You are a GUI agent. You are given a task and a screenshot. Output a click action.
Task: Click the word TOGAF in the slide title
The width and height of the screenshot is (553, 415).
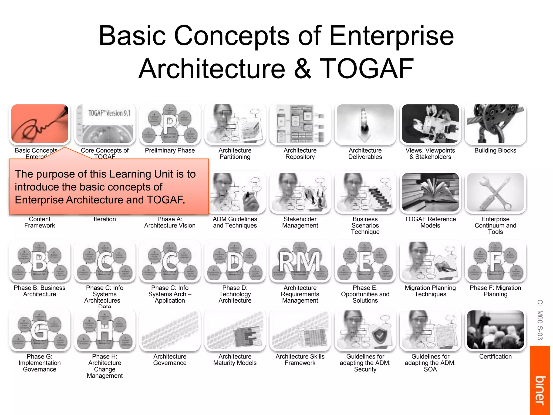(367, 69)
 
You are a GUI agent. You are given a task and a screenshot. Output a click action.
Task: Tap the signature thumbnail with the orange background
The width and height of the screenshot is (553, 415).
(40, 123)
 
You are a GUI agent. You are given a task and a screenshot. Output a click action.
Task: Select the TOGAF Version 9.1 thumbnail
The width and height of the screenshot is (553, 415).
(105, 123)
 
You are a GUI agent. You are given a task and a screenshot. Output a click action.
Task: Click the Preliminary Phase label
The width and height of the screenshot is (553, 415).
(170, 150)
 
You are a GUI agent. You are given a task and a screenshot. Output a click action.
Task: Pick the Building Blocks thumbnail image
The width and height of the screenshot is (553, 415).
(495, 123)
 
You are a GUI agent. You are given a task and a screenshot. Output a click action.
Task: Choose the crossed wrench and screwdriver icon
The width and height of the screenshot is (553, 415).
(495, 192)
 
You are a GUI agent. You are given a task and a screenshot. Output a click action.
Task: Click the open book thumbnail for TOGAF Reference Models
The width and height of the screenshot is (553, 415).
(430, 192)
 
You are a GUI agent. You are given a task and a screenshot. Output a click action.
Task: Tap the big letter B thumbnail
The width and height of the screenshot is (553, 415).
(40, 261)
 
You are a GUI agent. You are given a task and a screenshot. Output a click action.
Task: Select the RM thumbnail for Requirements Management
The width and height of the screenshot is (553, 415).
(300, 261)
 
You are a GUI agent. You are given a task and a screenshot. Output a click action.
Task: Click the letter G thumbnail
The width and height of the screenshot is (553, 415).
(40, 330)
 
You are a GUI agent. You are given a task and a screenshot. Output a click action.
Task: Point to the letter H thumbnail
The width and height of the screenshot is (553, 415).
(105, 330)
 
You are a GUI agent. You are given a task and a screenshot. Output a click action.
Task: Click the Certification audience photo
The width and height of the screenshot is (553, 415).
(495, 330)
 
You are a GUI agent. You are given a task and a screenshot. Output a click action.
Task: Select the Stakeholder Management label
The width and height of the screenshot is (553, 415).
(300, 222)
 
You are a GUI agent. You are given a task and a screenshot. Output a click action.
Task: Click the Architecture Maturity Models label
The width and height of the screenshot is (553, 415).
(235, 360)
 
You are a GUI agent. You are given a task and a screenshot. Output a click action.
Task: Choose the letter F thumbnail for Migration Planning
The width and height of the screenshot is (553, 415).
(495, 261)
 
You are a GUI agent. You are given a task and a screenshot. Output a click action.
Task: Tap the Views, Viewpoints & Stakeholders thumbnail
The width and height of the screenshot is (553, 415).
(430, 123)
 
